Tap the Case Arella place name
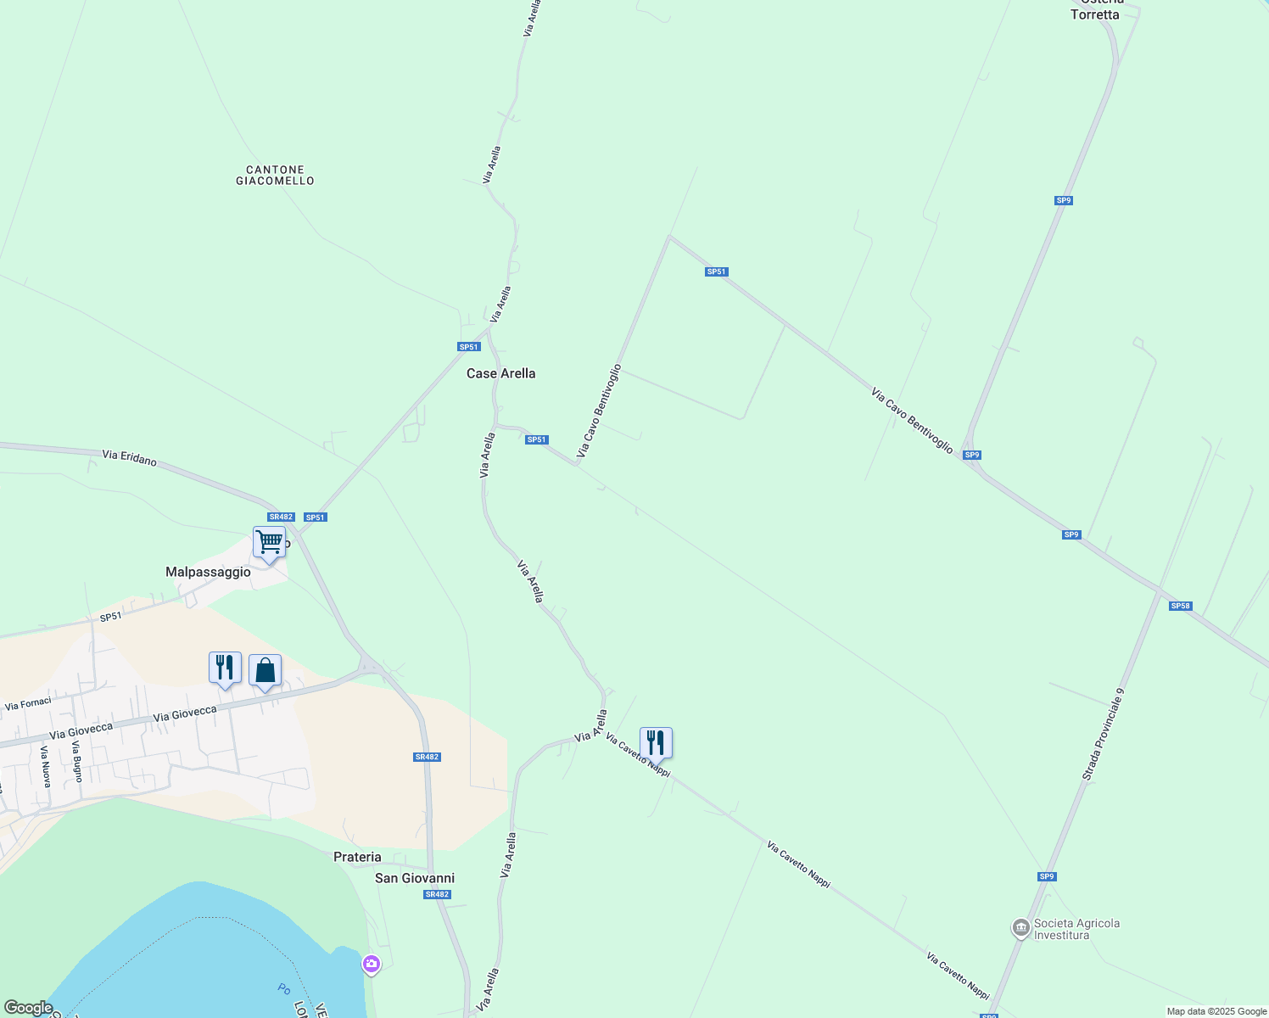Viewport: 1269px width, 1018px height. tap(500, 373)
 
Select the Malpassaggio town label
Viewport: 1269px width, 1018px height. tap(208, 573)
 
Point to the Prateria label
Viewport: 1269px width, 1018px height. tap(357, 857)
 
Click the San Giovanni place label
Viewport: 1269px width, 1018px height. tap(415, 878)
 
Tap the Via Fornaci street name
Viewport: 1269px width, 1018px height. tap(28, 704)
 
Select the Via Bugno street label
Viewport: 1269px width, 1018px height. tap(76, 761)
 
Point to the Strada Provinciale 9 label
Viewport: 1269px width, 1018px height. tap(1103, 734)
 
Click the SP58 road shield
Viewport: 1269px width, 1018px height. tap(1180, 606)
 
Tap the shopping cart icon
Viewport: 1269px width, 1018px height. tap(269, 541)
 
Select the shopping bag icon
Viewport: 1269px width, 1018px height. tap(265, 670)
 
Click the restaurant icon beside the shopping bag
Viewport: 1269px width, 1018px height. tap(225, 667)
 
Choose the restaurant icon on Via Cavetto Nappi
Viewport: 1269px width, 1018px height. tap(656, 742)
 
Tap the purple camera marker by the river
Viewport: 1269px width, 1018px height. tap(371, 964)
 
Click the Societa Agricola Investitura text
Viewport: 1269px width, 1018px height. tap(1076, 929)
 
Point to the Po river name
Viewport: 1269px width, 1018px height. tap(283, 988)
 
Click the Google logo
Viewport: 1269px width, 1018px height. tap(28, 1008)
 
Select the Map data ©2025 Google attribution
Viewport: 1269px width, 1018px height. tap(1216, 1011)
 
